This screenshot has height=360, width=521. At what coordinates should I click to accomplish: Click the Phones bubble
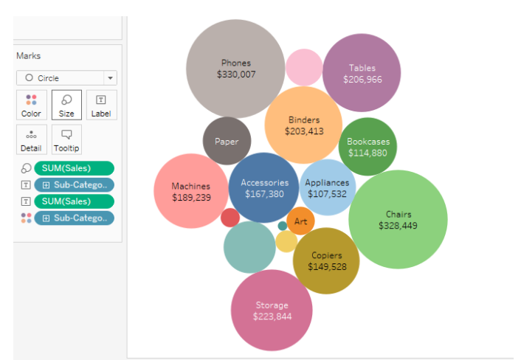tap(235, 69)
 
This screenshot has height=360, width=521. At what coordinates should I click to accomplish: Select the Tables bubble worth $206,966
tap(362, 73)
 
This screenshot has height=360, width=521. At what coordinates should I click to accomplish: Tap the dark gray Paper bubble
tap(227, 141)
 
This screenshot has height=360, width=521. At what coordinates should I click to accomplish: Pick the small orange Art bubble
tap(300, 221)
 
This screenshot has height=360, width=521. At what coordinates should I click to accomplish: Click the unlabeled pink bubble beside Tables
tap(304, 67)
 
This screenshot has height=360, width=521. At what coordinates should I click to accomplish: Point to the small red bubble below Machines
tap(230, 218)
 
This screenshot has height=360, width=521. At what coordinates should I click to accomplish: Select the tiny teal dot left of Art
tap(283, 226)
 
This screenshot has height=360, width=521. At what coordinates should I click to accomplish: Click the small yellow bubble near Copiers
tap(286, 241)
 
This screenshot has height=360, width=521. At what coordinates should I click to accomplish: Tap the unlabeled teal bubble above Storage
tap(249, 247)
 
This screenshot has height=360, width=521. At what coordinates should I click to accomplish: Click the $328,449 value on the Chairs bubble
tap(398, 226)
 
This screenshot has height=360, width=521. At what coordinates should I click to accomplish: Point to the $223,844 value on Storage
tap(272, 316)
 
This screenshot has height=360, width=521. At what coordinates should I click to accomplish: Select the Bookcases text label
tap(368, 142)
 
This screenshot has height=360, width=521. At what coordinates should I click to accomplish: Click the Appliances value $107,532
tap(328, 194)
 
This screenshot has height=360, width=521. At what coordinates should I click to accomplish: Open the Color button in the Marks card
tap(32, 105)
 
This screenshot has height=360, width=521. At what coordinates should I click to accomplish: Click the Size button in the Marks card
tap(66, 105)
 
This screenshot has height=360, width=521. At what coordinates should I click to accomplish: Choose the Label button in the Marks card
tap(101, 105)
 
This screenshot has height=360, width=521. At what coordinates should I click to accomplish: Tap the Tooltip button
tap(66, 139)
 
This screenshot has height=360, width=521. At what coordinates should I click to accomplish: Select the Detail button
tap(32, 139)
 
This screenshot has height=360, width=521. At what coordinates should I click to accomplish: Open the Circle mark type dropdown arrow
tap(110, 78)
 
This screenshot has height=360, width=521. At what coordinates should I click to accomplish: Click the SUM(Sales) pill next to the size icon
tap(74, 168)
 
